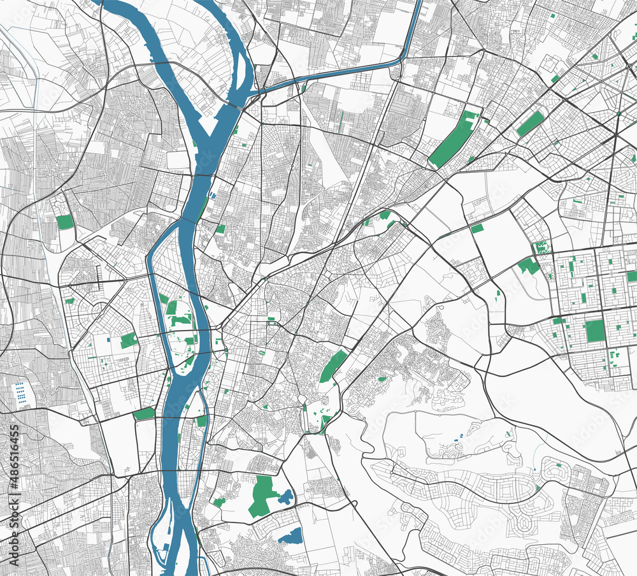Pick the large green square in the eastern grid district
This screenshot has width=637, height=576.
(x=595, y=331)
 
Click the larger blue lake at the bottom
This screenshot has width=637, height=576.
(x=291, y=535)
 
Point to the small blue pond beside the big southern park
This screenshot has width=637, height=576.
(x=285, y=496)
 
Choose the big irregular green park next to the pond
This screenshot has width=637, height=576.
(x=261, y=494)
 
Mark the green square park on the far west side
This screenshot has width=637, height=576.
(x=64, y=222)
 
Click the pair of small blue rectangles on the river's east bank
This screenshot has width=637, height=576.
(x=213, y=196)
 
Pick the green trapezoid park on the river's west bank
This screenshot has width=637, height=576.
(x=144, y=414)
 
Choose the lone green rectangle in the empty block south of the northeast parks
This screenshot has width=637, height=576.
(x=476, y=228)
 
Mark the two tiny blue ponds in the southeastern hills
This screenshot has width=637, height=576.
(x=457, y=438)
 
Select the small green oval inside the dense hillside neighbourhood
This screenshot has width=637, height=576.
(x=382, y=379)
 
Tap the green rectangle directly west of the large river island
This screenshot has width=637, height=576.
(x=128, y=340)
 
